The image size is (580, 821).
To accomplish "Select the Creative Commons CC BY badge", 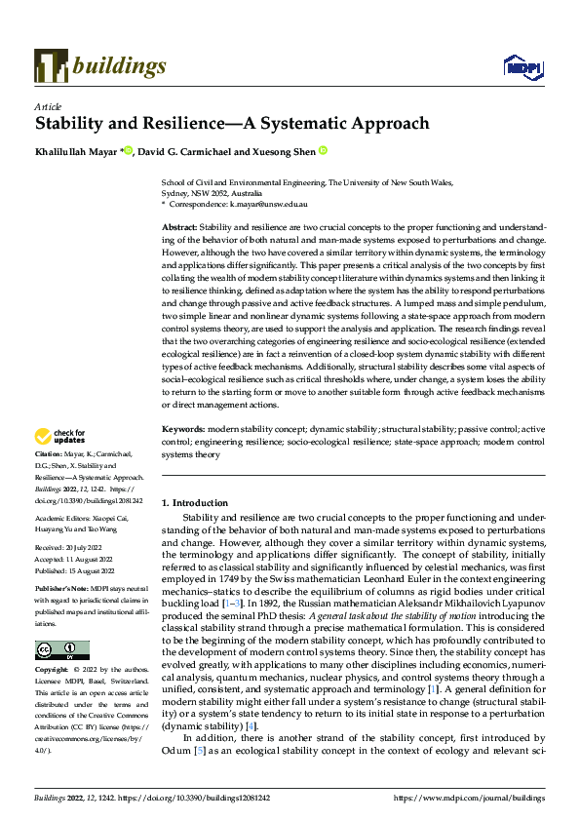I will (61, 650).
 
